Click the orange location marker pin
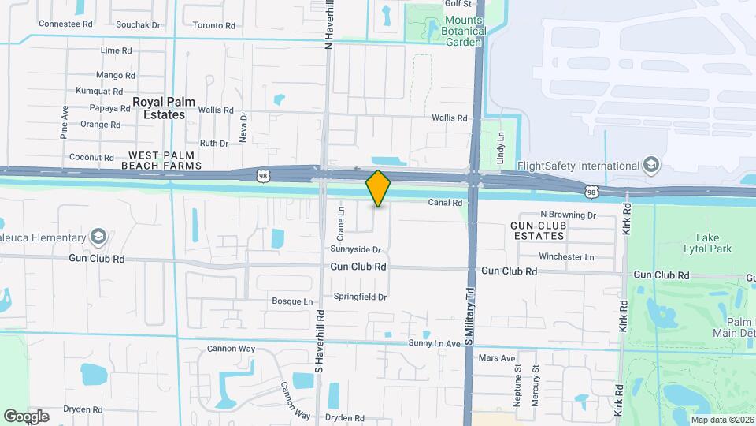pos(378,189)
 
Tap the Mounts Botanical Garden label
pos(465,31)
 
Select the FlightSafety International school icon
pos(651,166)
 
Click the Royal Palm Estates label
pos(159,108)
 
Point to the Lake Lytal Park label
pos(713,243)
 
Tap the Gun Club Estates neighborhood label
pos(539,230)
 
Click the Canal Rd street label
pos(444,203)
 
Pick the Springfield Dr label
pos(361,297)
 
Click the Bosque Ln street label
pos(292,301)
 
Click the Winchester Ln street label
pos(566,256)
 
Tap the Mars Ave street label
pos(497,358)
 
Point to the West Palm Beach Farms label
pos(161,160)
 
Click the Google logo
pos(27,416)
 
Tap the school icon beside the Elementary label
pos(98,237)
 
